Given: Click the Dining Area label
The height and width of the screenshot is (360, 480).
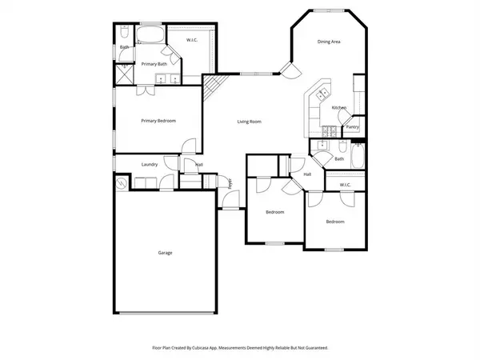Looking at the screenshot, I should pyautogui.click(x=330, y=42).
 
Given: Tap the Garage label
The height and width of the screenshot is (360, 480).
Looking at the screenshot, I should pyautogui.click(x=164, y=253).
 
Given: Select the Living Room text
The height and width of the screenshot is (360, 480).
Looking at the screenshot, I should pyautogui.click(x=249, y=122).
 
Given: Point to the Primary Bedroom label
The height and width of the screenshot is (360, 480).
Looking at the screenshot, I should pyautogui.click(x=158, y=121).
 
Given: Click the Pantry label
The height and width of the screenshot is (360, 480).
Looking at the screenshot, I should pyautogui.click(x=352, y=126).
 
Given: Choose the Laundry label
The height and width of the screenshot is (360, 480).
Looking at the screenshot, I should pyautogui.click(x=150, y=165).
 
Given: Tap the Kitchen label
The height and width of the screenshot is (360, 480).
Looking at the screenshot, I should pyautogui.click(x=339, y=108).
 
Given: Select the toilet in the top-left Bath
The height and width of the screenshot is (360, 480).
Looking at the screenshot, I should pyautogui.click(x=125, y=34).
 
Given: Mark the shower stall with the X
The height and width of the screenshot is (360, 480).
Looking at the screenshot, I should pyautogui.click(x=124, y=74).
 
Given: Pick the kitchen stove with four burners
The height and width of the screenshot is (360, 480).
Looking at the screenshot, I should pyautogui.click(x=326, y=130).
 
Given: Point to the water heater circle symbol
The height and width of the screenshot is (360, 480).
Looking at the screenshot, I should pyautogui.click(x=122, y=183).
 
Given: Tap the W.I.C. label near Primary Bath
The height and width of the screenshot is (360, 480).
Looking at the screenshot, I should pyautogui.click(x=192, y=40).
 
